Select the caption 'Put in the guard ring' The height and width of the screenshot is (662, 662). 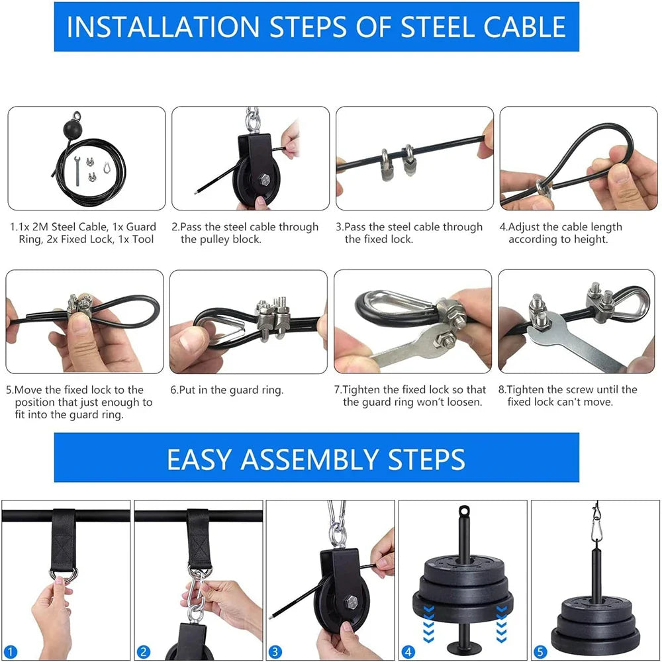pyautogui.click(x=226, y=390)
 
